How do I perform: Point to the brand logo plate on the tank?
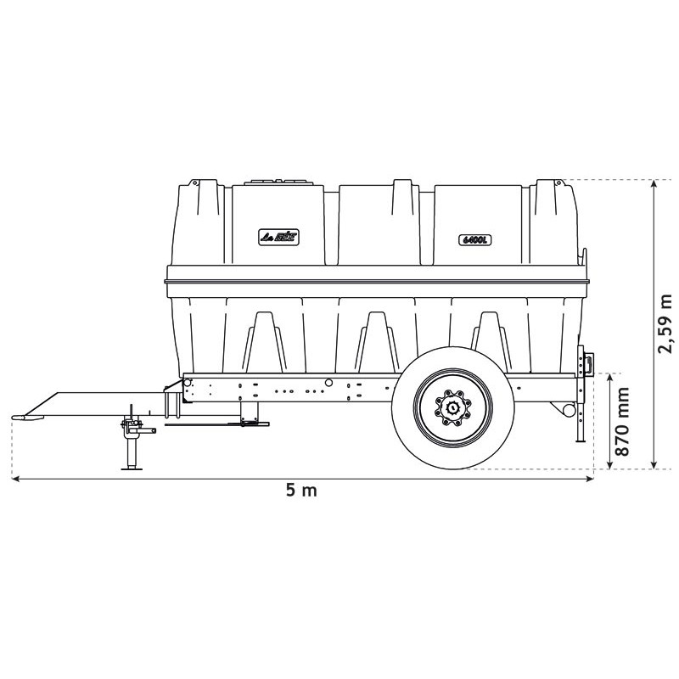point(279,238)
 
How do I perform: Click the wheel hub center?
point(453,409)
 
